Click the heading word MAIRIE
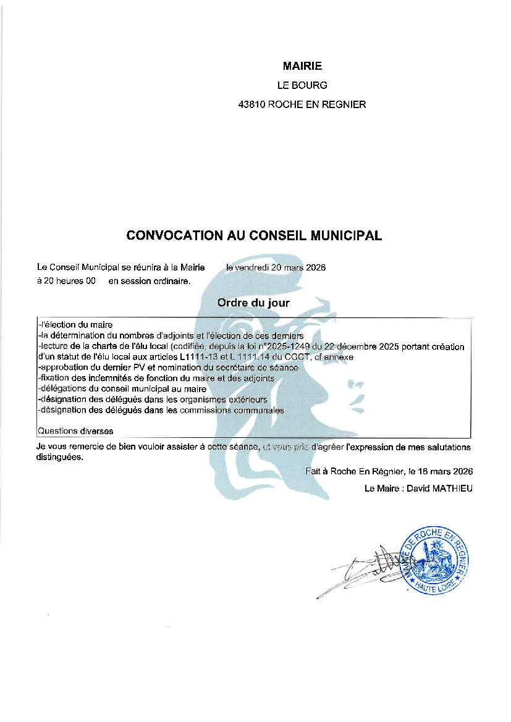pos(302,66)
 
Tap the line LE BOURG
pos(302,85)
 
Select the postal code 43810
pos(251,104)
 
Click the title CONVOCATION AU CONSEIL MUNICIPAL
pos(254,235)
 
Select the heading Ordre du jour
pos(253,303)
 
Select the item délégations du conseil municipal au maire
pos(123,388)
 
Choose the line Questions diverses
pos(75,430)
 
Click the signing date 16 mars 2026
pos(446,471)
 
